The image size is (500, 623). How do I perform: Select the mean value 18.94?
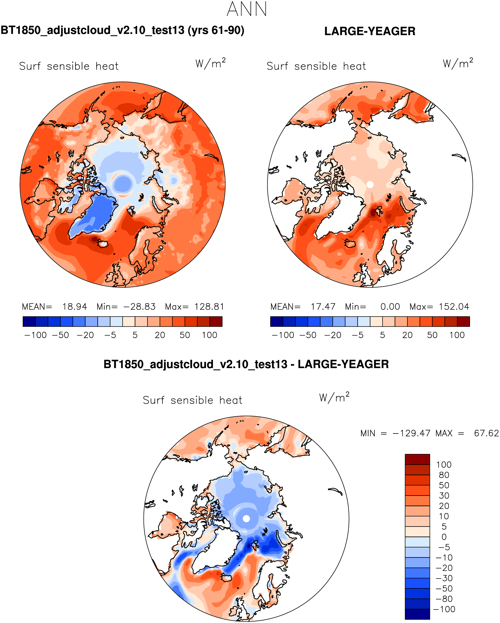tap(74, 307)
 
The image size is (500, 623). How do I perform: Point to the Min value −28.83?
tap(139, 307)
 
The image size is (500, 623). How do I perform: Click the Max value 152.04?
tap(454, 307)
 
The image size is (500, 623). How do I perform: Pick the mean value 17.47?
tap(323, 307)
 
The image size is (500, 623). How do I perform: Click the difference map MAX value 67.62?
tap(486, 433)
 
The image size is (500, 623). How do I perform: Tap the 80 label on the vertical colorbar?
tap(444, 475)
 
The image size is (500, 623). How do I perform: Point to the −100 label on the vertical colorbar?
tap(444, 609)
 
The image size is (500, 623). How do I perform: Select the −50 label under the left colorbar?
tap(60, 335)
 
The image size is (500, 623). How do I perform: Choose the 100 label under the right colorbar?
tap(457, 335)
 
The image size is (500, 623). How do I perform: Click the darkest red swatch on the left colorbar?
tap(216, 322)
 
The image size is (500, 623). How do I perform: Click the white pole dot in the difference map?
tap(246, 519)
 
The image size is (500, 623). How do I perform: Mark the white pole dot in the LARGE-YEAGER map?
tap(370, 185)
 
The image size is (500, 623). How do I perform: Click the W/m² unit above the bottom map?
tap(334, 397)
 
